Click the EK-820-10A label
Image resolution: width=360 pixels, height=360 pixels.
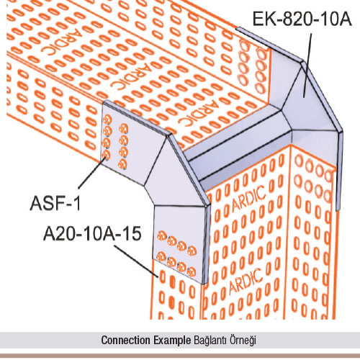click(x=302, y=19)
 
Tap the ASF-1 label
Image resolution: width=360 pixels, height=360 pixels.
click(x=55, y=203)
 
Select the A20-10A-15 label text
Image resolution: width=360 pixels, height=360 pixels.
click(x=92, y=234)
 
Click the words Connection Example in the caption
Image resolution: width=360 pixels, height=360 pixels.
click(x=146, y=340)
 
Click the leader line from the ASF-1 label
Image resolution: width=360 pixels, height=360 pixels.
click(x=92, y=171)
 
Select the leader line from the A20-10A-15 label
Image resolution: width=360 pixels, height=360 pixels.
click(x=136, y=261)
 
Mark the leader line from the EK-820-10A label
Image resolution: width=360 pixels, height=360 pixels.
click(x=307, y=66)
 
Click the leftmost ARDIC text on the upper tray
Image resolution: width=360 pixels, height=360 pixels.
click(x=58, y=42)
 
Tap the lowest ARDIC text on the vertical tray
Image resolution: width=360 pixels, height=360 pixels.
click(x=246, y=282)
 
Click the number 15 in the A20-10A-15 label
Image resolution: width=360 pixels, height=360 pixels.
click(x=132, y=234)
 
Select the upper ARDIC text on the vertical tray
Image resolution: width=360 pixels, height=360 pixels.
click(x=248, y=199)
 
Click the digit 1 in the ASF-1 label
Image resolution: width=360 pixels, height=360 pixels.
click(x=77, y=203)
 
